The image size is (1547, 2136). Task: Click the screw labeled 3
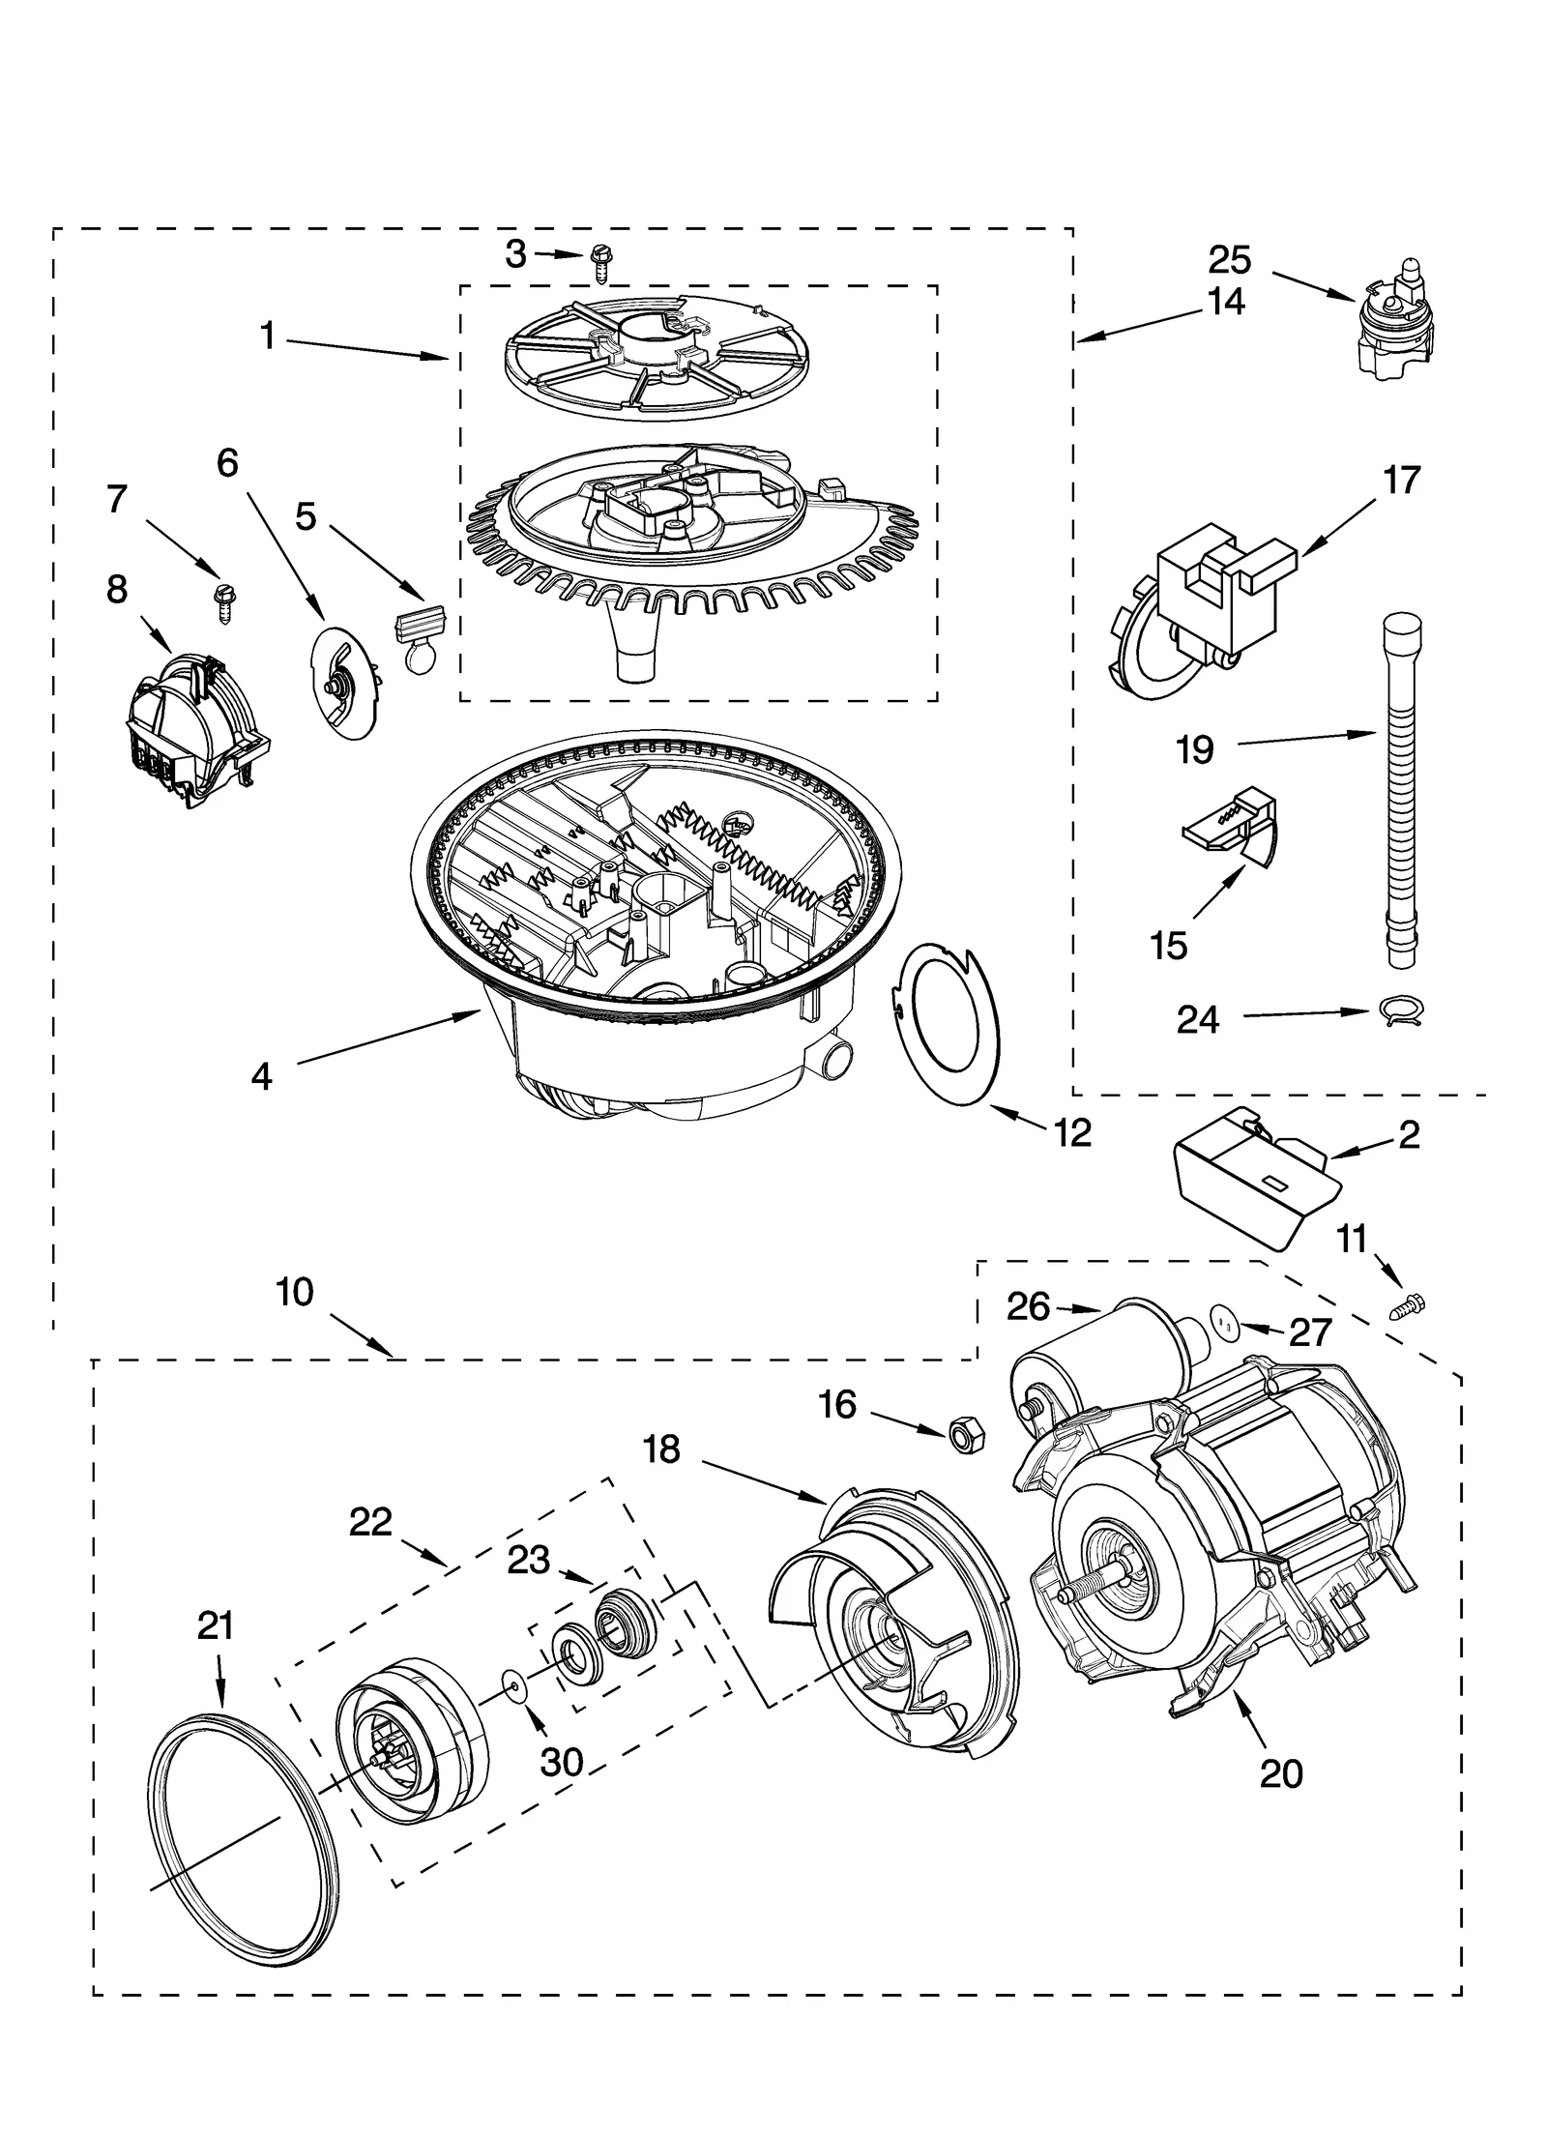click(599, 262)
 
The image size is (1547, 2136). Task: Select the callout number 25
click(1229, 260)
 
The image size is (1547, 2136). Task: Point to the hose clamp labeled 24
click(1398, 1011)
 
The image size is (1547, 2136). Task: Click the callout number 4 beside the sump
click(261, 1076)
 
